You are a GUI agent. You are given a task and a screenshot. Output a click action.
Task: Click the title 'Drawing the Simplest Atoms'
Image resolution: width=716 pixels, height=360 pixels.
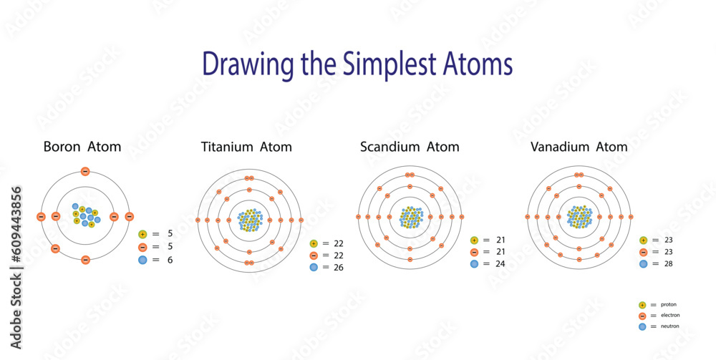357,64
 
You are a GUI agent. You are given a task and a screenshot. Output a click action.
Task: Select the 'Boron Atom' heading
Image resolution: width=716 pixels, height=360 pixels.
82,147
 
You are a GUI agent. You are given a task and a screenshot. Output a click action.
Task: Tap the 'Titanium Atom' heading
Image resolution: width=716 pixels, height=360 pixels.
246,147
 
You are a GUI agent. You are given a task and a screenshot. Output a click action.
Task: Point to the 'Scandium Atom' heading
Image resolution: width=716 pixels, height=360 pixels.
410,147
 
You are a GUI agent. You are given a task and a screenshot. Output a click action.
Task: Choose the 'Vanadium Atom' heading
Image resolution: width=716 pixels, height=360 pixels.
579,147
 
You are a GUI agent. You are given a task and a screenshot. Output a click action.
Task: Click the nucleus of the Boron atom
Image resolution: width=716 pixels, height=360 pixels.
85,215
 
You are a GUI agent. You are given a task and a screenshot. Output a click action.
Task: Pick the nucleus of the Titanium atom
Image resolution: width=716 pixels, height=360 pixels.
249,220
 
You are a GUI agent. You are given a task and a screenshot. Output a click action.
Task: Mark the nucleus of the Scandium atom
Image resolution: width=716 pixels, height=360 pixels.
410,217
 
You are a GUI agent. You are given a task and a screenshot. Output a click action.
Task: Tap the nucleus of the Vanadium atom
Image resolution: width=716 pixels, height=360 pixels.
579,217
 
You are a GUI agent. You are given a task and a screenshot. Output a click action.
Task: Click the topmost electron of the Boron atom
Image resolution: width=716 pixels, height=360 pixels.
85,171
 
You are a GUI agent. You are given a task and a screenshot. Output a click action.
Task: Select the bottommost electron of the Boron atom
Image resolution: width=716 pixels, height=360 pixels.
85,260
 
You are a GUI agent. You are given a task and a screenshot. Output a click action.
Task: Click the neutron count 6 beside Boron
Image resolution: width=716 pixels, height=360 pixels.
170,260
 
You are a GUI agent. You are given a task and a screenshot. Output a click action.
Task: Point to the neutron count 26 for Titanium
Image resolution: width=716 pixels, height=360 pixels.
339,268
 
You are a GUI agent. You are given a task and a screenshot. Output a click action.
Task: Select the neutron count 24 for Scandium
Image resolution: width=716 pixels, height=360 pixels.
498,264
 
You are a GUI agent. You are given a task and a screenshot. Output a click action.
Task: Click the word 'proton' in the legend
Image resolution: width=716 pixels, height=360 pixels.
669,305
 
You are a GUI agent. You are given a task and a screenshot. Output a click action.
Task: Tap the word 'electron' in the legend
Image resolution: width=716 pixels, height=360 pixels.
671,316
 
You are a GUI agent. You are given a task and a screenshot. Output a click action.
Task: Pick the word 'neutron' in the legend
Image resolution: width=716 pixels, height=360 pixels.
670,326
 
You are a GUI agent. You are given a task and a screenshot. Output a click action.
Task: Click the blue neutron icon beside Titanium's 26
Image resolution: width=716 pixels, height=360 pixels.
314,268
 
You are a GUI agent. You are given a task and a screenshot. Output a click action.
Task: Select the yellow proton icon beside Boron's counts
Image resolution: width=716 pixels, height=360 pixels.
142,234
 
